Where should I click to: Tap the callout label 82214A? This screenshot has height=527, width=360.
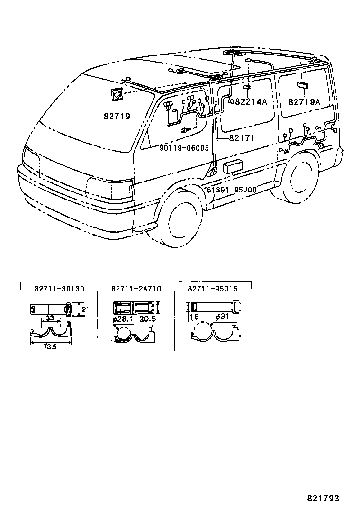[x=251, y=102]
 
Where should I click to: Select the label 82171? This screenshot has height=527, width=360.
[x=242, y=138]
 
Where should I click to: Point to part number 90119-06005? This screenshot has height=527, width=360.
[x=184, y=148]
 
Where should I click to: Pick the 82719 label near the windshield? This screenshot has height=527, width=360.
[x=117, y=116]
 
